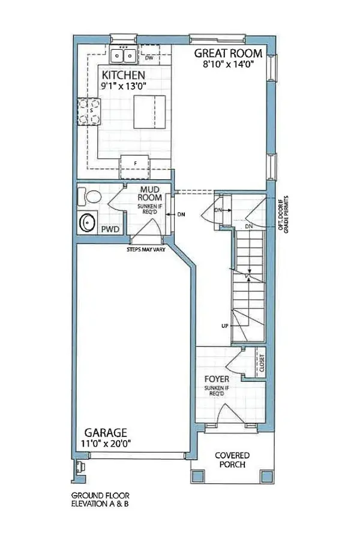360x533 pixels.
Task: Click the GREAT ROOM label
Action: (228, 53)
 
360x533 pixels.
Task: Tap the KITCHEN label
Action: (124, 75)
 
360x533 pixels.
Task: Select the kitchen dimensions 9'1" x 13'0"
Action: (123, 86)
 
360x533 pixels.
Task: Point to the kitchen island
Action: (150, 112)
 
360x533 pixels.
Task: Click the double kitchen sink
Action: (124, 55)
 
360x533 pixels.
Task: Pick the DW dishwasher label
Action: (149, 58)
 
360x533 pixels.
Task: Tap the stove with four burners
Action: (89, 112)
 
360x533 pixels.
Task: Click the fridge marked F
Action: (135, 167)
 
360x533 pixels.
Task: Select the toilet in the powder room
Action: (90, 197)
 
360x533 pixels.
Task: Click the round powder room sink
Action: (88, 222)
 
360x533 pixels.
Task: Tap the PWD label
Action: (110, 230)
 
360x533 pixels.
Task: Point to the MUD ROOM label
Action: (150, 193)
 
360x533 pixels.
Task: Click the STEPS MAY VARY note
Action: (146, 249)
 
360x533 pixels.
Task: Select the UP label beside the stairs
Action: (225, 326)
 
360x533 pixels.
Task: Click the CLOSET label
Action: (262, 363)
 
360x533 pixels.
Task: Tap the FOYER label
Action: (217, 379)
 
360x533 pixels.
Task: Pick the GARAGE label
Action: (106, 433)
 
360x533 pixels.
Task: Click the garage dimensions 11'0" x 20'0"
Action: (106, 444)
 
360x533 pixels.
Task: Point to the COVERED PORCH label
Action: (232, 460)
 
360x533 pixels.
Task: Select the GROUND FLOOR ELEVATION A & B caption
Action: (100, 499)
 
